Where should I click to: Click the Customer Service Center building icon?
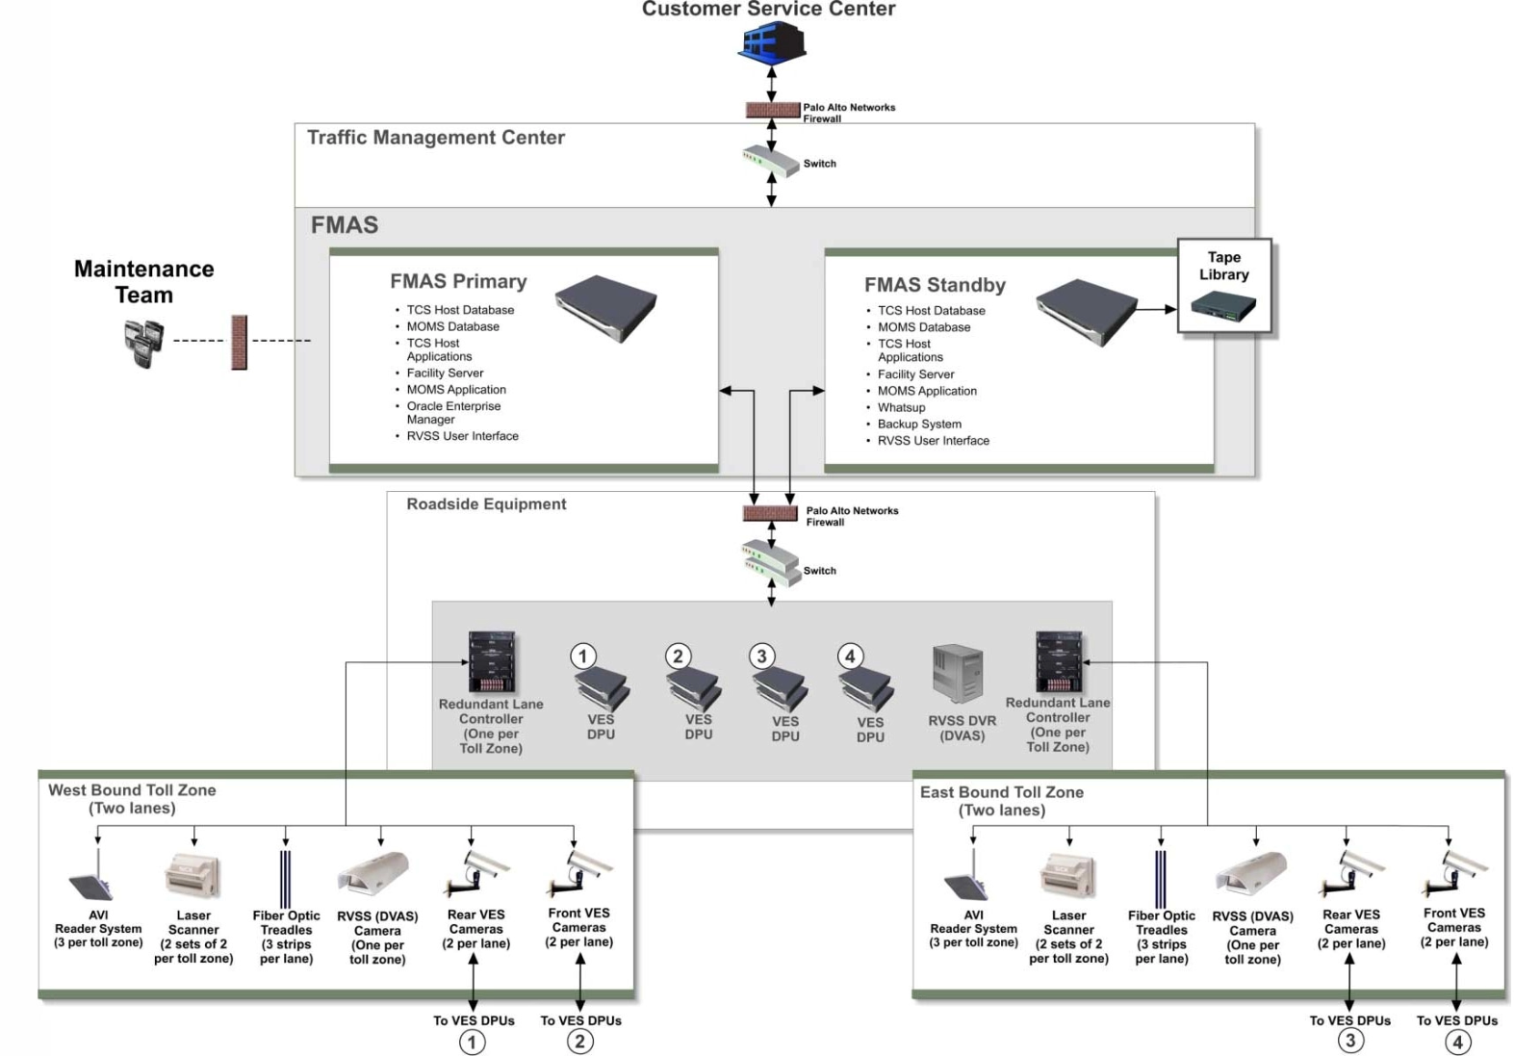tap(772, 42)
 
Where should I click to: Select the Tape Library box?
tap(1224, 287)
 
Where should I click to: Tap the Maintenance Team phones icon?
tap(143, 343)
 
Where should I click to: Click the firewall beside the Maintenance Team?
tap(239, 342)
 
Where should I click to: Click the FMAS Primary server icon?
tap(605, 308)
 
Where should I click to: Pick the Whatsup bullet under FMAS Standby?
tap(901, 407)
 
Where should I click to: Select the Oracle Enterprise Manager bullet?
tap(452, 413)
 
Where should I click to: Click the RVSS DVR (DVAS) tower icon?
tap(958, 674)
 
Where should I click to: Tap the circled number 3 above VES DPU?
tap(761, 657)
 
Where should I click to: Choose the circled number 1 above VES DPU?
tap(582, 657)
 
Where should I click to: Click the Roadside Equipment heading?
tap(486, 504)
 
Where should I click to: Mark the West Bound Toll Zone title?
tap(132, 790)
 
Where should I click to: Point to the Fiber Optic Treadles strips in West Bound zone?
tap(285, 879)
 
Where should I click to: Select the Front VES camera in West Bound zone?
tap(581, 871)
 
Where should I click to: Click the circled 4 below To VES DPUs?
tap(1457, 1042)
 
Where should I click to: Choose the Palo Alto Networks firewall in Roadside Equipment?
tap(770, 513)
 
